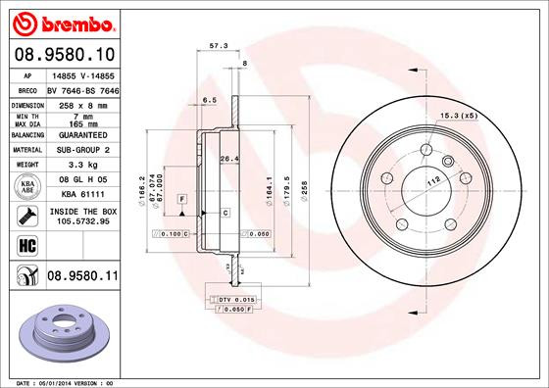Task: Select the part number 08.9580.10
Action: tap(63, 55)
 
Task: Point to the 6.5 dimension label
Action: tap(209, 100)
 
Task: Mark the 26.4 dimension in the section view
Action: tap(228, 159)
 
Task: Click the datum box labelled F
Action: tap(181, 200)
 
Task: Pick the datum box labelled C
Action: tap(225, 212)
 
